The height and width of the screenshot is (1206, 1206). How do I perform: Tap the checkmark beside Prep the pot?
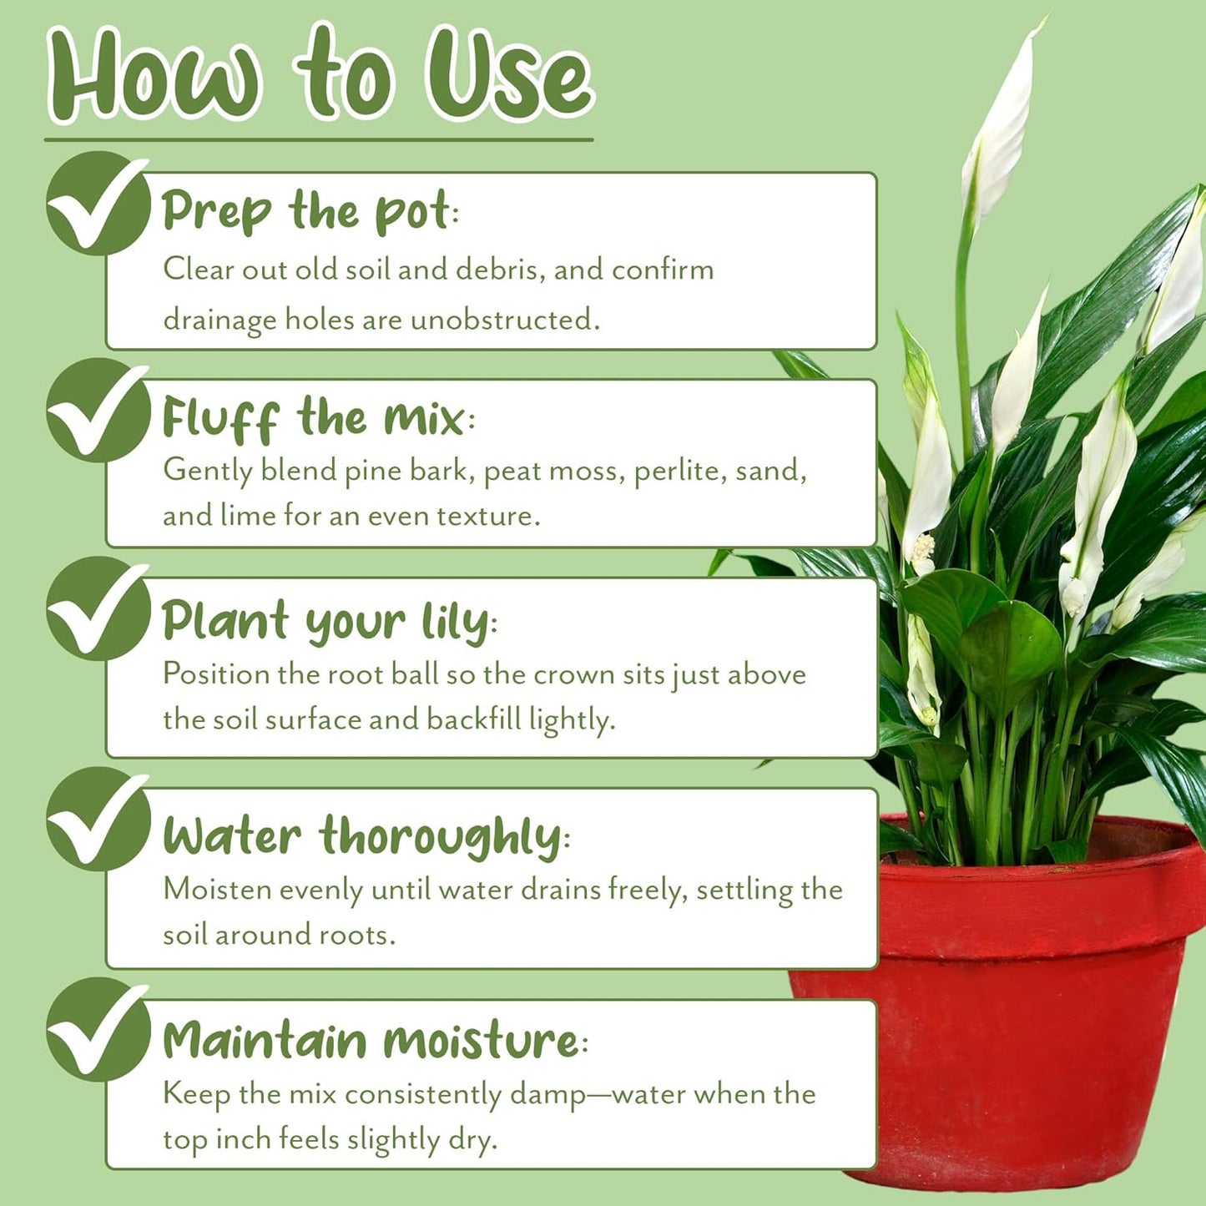pos(97,203)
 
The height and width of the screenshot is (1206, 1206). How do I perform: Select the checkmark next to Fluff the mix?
pos(97,410)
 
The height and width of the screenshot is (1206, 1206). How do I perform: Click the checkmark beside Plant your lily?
pos(97,609)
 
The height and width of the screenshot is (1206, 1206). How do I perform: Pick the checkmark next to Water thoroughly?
pos(97,820)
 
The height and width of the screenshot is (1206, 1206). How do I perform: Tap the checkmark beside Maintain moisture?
pos(97,1030)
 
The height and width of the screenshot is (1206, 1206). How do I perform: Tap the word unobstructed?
pos(503,320)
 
